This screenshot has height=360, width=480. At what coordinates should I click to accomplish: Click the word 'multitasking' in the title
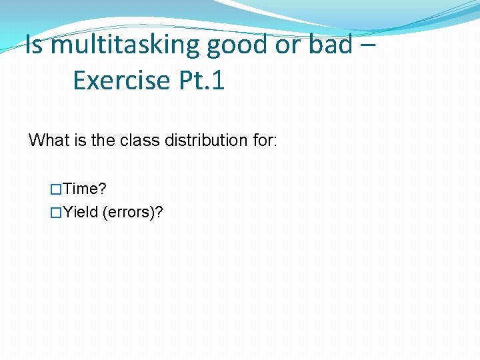125,45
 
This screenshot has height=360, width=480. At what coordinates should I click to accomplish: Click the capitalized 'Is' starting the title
35,45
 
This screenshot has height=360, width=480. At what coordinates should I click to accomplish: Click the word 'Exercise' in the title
121,81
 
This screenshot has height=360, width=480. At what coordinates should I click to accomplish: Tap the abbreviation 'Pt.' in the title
193,81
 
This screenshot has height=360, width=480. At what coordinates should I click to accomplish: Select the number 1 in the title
218,81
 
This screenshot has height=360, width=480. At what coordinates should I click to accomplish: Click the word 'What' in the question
49,141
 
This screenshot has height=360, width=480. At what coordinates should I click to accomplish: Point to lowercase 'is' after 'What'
79,141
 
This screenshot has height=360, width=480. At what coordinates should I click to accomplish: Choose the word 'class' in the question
137,141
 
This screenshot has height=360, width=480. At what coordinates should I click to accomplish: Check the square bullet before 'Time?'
56,189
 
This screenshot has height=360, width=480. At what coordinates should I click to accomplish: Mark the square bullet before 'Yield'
56,213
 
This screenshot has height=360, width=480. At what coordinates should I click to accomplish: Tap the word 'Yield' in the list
81,213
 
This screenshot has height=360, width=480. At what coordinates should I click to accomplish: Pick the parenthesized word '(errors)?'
133,213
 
